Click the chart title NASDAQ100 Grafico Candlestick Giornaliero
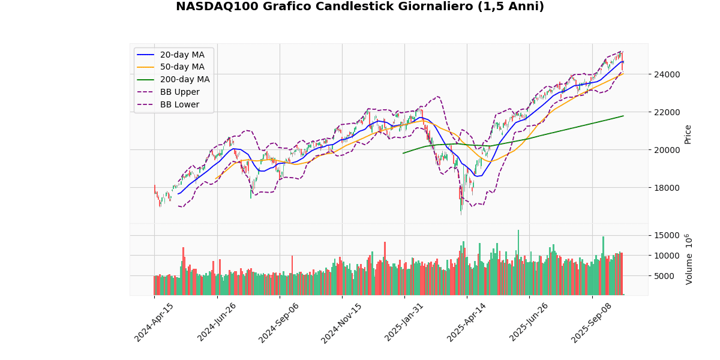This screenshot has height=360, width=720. pos(360,7)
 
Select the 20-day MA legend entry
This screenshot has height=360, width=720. pos(182,55)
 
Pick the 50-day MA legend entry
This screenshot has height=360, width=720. pos(182,67)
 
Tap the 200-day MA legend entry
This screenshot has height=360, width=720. pos(184,80)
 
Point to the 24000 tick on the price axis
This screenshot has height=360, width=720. pos(667,74)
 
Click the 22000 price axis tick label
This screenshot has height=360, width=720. pos(667,112)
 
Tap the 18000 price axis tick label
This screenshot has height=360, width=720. pos(667,188)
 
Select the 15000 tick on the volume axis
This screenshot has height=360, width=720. pos(667,235)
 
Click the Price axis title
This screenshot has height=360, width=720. pos(688,134)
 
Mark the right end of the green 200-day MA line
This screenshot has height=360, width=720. pos(623,116)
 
